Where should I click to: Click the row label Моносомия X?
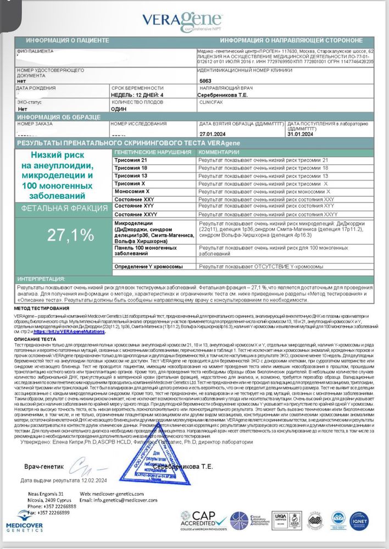point(131,191)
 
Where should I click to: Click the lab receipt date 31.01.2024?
point(301,133)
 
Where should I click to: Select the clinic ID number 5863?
point(204,80)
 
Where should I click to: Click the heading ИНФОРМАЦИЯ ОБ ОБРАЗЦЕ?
point(59,117)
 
